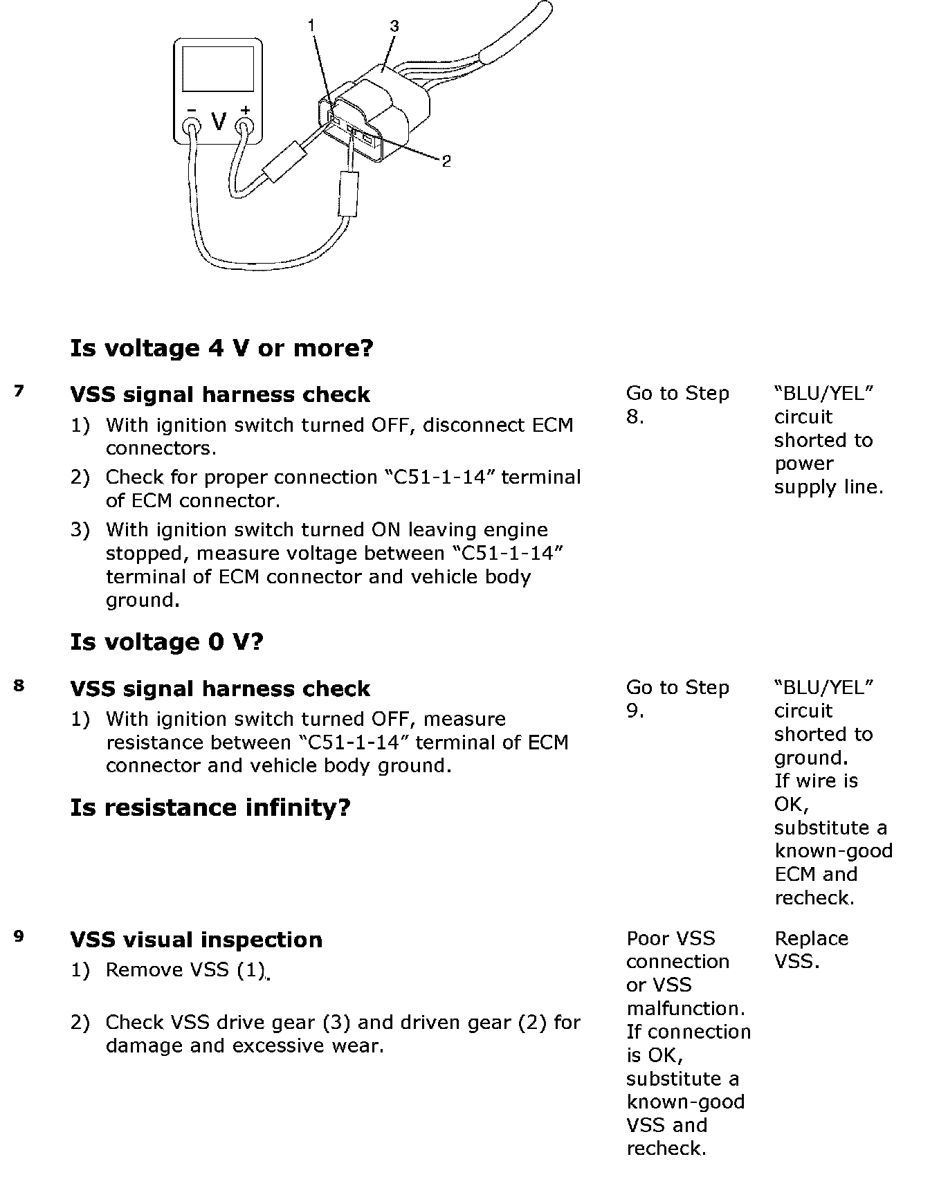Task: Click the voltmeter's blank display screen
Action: [x=217, y=70]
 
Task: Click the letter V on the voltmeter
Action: [x=219, y=122]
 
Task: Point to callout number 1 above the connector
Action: [x=311, y=26]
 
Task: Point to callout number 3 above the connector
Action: [x=394, y=26]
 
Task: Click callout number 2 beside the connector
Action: [x=446, y=161]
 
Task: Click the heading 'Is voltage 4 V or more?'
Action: [x=221, y=347]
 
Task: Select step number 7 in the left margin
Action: [x=19, y=392]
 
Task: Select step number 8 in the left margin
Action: [x=19, y=686]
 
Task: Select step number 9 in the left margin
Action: [x=19, y=936]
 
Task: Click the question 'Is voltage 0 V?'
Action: [x=167, y=642]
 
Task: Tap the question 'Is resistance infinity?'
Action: [x=210, y=807]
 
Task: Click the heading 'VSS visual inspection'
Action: [x=196, y=940]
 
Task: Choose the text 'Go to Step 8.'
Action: [x=677, y=405]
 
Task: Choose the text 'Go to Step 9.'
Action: [x=677, y=699]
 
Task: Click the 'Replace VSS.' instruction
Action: [x=810, y=949]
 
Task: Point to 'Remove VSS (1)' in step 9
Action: [x=185, y=970]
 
